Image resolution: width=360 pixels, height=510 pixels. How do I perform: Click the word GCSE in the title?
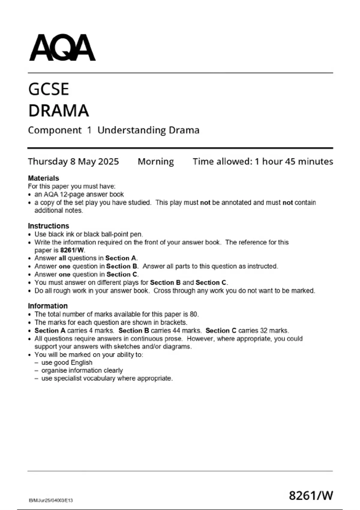click(x=49, y=89)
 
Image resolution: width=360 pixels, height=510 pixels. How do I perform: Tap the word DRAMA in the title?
click(x=58, y=110)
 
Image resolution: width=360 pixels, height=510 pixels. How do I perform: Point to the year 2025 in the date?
click(x=108, y=161)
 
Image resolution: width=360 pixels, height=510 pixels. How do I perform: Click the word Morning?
click(x=156, y=161)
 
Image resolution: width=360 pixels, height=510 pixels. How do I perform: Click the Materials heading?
click(x=43, y=178)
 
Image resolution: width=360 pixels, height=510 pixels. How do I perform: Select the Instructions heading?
click(x=48, y=226)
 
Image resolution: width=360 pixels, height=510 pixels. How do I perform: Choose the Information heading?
click(x=48, y=306)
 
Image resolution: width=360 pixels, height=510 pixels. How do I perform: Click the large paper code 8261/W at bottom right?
click(x=311, y=495)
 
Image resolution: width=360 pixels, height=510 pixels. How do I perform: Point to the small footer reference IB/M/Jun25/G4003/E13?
click(x=51, y=500)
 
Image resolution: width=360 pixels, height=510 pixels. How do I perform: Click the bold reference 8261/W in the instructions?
click(x=72, y=250)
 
